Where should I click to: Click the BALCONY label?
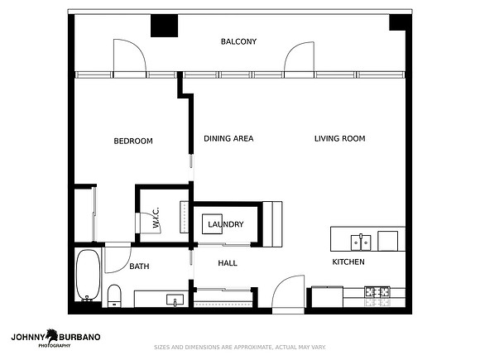click(x=238, y=41)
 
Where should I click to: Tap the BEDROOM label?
click(x=133, y=142)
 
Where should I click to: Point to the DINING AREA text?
click(x=228, y=139)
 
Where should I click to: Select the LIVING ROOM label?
click(x=340, y=139)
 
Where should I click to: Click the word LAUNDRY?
click(x=226, y=224)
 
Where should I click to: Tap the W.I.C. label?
click(x=156, y=218)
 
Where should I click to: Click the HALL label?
click(x=228, y=263)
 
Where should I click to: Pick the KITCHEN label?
click(x=348, y=262)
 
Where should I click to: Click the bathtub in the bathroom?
click(x=88, y=276)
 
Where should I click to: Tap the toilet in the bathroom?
click(x=114, y=295)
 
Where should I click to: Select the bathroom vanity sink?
click(x=175, y=300)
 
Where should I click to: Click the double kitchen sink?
click(x=361, y=242)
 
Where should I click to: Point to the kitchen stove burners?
click(x=377, y=292)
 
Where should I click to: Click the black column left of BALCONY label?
click(x=164, y=26)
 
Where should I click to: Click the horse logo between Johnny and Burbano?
click(x=52, y=336)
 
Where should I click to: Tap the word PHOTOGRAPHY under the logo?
click(x=55, y=346)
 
